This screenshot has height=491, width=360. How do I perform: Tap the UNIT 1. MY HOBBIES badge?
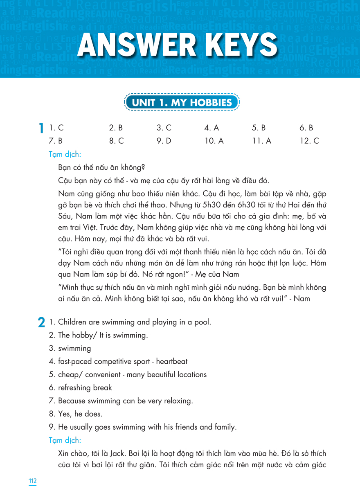coord(182,102)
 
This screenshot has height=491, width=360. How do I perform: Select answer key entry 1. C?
coord(54,128)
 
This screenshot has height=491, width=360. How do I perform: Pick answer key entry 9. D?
coord(164,141)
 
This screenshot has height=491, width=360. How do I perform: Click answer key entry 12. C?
coord(309,141)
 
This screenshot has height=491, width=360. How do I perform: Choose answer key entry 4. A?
coord(211,128)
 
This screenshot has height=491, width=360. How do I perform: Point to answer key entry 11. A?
coord(261,141)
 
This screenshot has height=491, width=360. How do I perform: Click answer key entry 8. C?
coord(116,141)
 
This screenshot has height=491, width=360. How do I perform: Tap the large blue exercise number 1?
coord(41,128)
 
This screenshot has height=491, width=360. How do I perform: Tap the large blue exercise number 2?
coord(41,323)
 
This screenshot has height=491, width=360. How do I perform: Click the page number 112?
coord(33,481)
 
